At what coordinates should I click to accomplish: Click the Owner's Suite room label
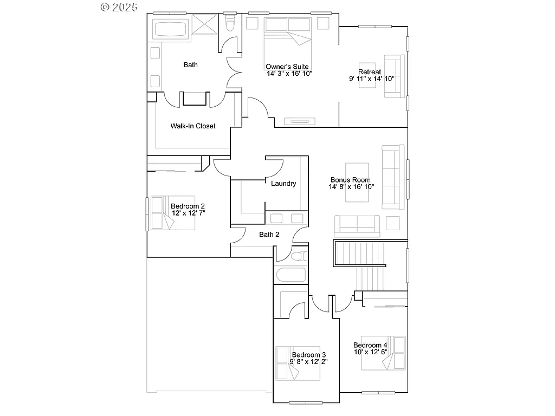point(287,67)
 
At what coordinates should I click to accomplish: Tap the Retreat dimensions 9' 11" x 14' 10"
point(371,79)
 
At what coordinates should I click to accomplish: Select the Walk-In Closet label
point(193,126)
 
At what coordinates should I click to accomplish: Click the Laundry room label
point(283,184)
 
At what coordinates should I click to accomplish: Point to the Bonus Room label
point(351,180)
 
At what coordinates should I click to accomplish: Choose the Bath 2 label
point(269,235)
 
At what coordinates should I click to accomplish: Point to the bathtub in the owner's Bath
point(170,29)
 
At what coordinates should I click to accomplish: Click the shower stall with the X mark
point(204,25)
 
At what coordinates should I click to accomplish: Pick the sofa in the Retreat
point(395,76)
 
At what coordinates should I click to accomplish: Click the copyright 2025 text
point(119,7)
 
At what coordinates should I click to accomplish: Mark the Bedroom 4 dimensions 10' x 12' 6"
point(371,352)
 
